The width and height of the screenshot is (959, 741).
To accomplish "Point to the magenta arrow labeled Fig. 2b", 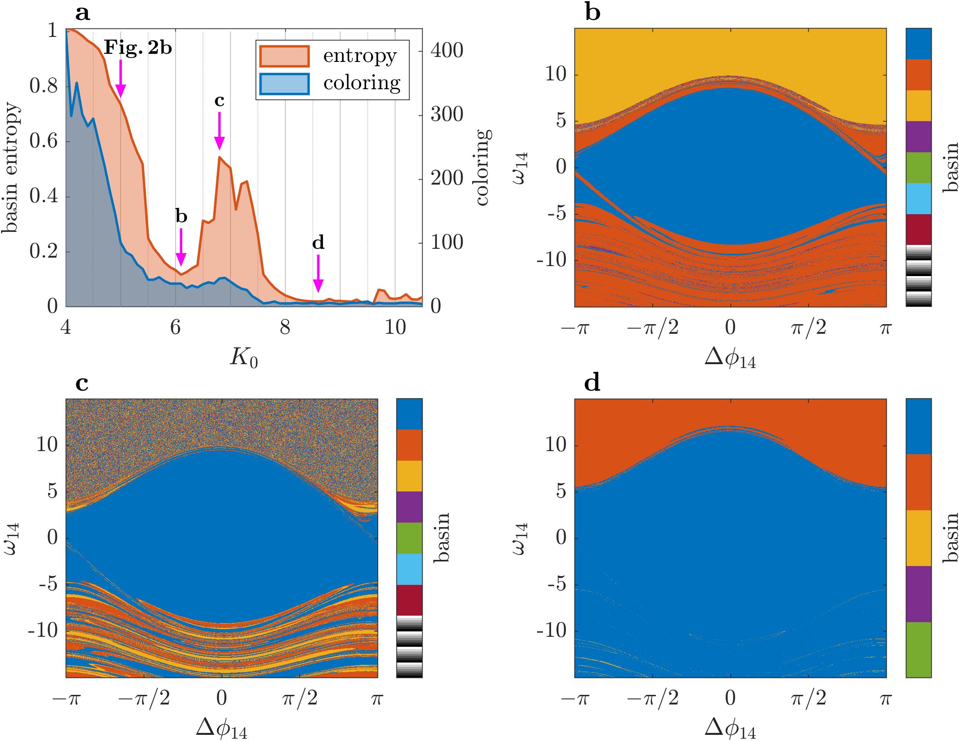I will click(x=120, y=79).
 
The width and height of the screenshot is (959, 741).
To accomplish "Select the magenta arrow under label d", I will click(x=318, y=274).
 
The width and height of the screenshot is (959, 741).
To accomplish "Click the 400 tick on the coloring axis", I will click(x=446, y=51).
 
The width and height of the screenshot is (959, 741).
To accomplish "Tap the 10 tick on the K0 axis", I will click(x=395, y=327).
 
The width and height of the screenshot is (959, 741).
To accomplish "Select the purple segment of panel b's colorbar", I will click(x=919, y=137).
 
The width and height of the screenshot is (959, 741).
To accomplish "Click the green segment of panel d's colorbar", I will click(x=919, y=649).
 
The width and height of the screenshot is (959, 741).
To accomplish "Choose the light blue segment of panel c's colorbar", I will click(x=409, y=569).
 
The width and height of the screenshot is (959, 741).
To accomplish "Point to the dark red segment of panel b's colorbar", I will click(x=919, y=229).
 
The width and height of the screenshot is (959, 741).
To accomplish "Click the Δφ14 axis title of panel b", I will click(x=730, y=358).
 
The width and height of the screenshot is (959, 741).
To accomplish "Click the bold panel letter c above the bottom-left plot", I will click(x=82, y=384).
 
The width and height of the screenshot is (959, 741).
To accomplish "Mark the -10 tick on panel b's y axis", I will click(x=551, y=260).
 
